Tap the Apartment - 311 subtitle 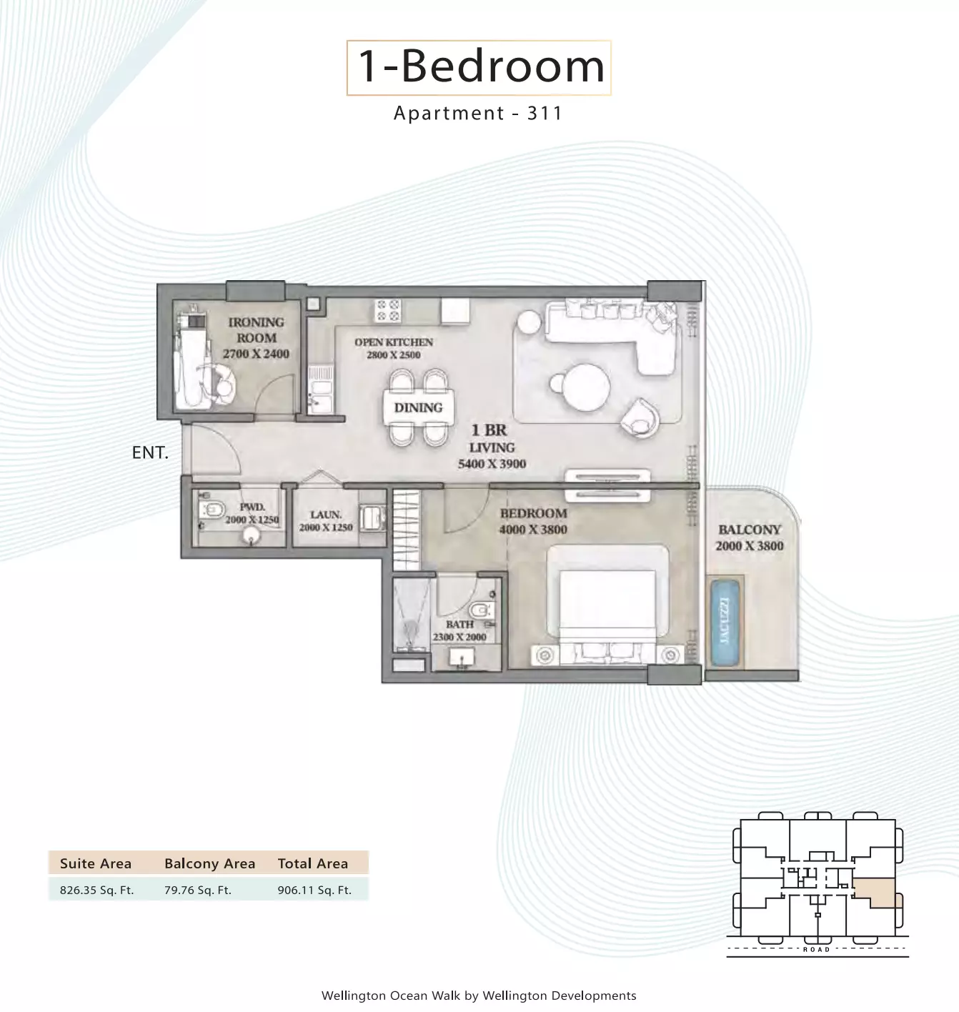478,113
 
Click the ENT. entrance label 150,452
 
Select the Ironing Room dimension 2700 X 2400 256,354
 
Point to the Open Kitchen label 394,342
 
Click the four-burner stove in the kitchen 388,310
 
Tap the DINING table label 419,407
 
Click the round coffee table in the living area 586,387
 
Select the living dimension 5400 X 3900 492,464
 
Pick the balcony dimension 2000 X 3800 750,545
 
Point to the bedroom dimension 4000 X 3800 533,529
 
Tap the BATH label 459,625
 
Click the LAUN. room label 326,515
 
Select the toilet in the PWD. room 212,510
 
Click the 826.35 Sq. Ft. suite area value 96,890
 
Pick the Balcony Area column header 209,863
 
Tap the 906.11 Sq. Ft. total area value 314,890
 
